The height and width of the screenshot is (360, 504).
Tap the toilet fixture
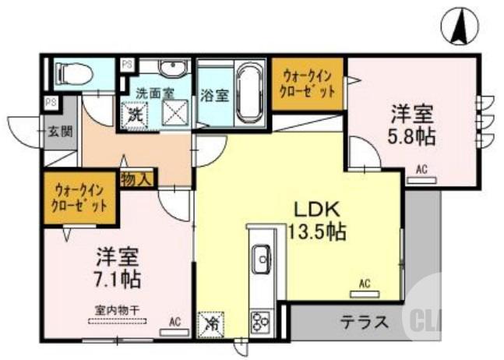(x=74, y=74)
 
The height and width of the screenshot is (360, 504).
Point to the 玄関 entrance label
(x=59, y=131)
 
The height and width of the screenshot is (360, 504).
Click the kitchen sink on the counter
(x=261, y=254)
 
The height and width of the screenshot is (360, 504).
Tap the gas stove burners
(x=259, y=319)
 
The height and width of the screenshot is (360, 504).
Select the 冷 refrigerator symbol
(x=210, y=323)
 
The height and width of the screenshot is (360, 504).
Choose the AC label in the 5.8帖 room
(x=421, y=168)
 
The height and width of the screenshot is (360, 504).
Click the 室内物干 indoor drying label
(x=118, y=309)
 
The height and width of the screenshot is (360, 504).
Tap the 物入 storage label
(x=137, y=179)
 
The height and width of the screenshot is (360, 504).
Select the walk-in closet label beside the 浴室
(x=308, y=83)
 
